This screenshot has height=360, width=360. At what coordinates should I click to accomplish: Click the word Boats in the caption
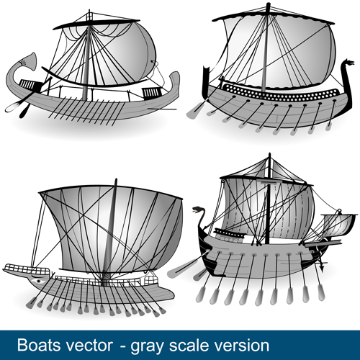[x=39, y=345]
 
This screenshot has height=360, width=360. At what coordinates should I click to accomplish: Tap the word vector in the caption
[x=89, y=346]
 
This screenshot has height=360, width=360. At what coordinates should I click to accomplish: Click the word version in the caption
[x=242, y=346]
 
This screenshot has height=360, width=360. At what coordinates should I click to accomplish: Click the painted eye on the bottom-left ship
[x=38, y=281]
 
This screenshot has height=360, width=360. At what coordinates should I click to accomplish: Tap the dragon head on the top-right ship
[x=348, y=63]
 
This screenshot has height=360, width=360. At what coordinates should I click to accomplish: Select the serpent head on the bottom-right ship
[x=198, y=210]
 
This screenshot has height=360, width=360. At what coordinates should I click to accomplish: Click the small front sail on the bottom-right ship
[x=338, y=225]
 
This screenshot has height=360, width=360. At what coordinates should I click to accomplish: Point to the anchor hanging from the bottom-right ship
[x=321, y=266]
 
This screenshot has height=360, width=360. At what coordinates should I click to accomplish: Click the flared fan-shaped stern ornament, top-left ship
[x=28, y=60]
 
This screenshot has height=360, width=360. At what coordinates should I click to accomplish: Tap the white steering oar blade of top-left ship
[x=12, y=107]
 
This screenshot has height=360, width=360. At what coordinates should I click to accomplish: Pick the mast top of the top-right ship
[x=268, y=5]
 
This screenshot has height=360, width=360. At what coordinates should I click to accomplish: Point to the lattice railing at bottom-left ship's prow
[x=27, y=269]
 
